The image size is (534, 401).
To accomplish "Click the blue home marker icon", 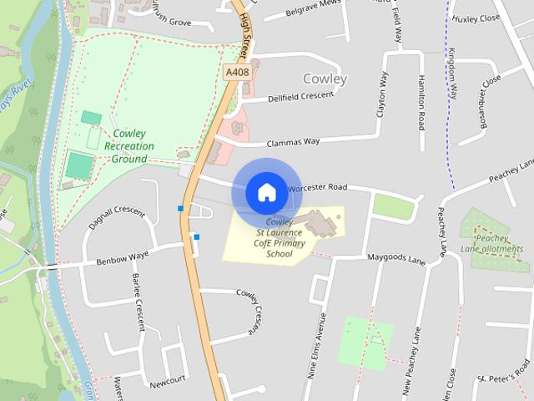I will click(266, 192).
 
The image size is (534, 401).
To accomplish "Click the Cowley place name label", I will click(325, 79).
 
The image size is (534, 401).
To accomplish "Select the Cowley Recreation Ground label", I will click(128, 146).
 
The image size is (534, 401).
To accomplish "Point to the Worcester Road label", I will click(316, 188).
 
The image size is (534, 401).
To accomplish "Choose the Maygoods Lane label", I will click(396, 260).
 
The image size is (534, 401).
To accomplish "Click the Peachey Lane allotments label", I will click(491, 243).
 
